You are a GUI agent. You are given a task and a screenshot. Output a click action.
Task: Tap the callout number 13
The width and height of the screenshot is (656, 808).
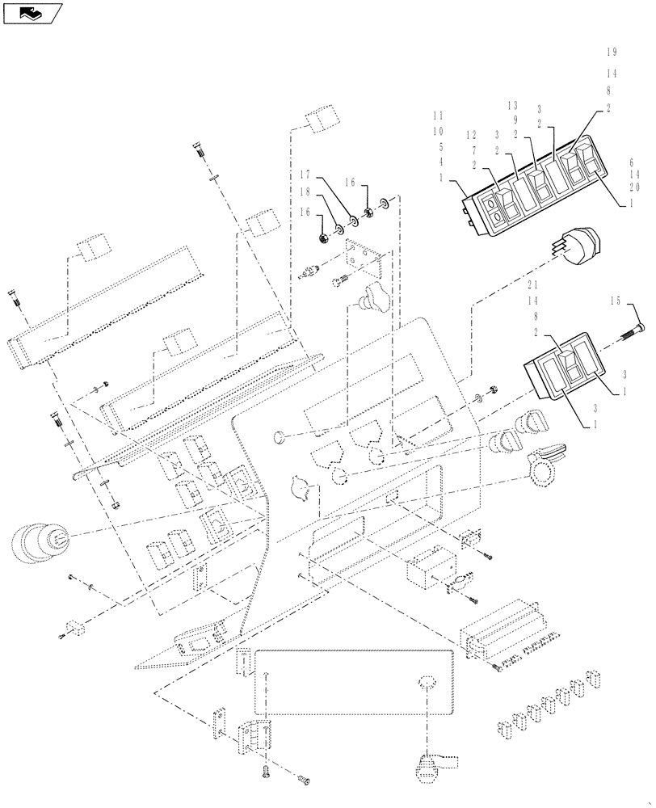pos(512,106)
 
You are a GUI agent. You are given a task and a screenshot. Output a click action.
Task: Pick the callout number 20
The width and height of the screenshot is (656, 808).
pos(634,187)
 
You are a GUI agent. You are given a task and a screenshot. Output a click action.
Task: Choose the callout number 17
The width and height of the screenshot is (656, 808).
pos(305,174)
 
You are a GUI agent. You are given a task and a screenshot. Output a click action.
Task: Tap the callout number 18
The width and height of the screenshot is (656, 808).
pos(305,192)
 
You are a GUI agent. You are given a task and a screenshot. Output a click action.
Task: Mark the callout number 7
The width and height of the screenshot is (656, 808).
pos(474,149)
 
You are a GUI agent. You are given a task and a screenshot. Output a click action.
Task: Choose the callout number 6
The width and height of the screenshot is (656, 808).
pos(634,162)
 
